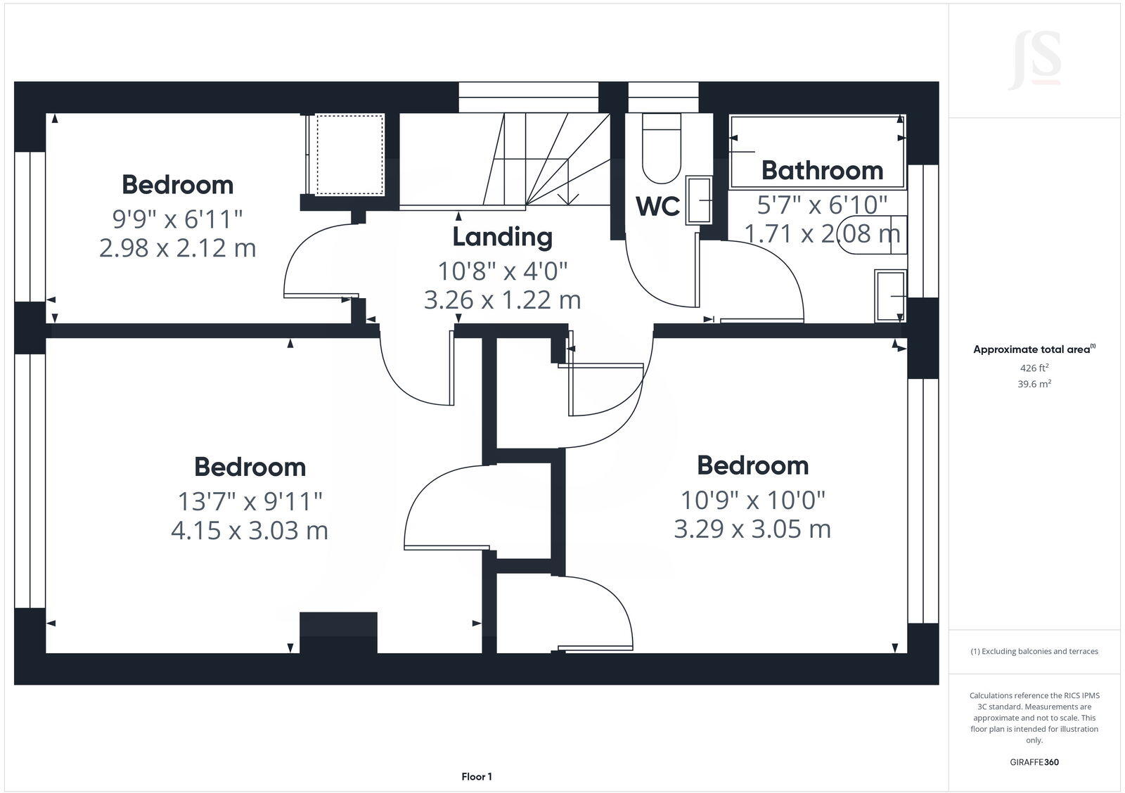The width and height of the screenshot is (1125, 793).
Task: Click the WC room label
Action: coord(657,207)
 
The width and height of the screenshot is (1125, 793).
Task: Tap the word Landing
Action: coord(502,237)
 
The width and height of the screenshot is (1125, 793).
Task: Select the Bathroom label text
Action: coord(822,170)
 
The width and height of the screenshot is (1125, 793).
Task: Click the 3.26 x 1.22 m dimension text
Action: coord(502,300)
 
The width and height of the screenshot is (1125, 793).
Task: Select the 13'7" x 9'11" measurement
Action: coord(250,502)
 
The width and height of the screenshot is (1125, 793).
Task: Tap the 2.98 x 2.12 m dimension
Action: coord(177,248)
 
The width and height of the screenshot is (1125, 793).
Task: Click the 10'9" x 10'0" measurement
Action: coord(752,501)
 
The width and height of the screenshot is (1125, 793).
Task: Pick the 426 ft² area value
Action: coord(1034,368)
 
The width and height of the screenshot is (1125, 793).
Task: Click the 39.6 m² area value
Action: coord(1034,384)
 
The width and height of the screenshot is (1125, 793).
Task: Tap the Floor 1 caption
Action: coord(477,777)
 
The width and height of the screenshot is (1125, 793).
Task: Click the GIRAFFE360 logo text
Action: coord(1034,762)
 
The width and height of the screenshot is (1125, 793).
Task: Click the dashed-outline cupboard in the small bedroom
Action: coord(349,155)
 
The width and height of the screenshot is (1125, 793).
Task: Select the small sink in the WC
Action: coord(699,200)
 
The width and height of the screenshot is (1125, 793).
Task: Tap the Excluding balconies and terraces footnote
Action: coord(1034,652)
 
